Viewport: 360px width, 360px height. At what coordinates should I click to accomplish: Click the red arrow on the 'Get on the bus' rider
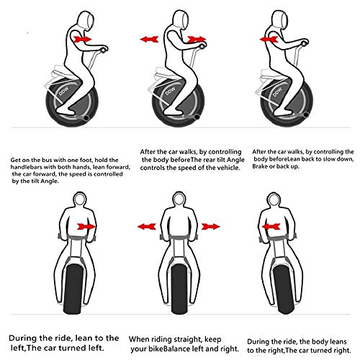[x=83, y=39]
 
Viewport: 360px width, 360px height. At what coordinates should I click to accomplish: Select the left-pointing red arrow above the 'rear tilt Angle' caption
[x=149, y=39]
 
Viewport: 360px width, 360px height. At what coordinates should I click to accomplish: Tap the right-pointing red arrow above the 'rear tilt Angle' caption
[x=197, y=39]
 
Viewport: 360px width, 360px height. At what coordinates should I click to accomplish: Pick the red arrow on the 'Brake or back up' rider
[x=269, y=39]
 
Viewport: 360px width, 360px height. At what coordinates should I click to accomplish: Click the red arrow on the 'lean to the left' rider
[x=86, y=226]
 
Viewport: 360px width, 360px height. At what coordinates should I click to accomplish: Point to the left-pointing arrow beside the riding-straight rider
[x=147, y=226]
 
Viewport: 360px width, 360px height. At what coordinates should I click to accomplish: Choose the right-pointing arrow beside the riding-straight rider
[x=210, y=226]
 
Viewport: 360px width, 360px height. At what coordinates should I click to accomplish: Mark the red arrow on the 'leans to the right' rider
[x=271, y=226]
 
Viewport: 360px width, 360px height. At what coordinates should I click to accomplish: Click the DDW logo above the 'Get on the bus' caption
[x=64, y=91]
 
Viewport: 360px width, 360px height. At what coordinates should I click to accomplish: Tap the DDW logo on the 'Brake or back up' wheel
[x=277, y=92]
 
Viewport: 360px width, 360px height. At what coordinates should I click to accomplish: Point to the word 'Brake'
[x=258, y=166]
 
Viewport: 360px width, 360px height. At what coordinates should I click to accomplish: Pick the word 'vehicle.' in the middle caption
[x=229, y=168]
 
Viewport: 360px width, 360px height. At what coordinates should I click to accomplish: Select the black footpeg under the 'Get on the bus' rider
[x=86, y=118]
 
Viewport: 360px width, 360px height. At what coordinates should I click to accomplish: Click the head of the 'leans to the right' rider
[x=274, y=199]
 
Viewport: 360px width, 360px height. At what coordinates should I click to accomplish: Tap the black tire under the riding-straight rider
[x=179, y=288]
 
